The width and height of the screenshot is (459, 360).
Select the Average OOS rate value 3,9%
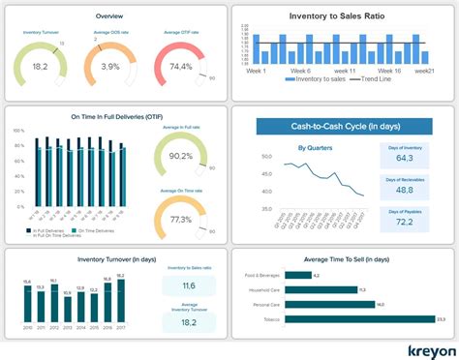click(x=110, y=68)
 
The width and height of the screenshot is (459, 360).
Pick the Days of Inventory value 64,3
click(x=404, y=157)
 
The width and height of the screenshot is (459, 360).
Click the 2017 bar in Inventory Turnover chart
click(x=121, y=300)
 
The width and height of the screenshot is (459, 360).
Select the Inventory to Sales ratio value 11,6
click(x=190, y=286)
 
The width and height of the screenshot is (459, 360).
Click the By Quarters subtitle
click(x=316, y=148)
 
